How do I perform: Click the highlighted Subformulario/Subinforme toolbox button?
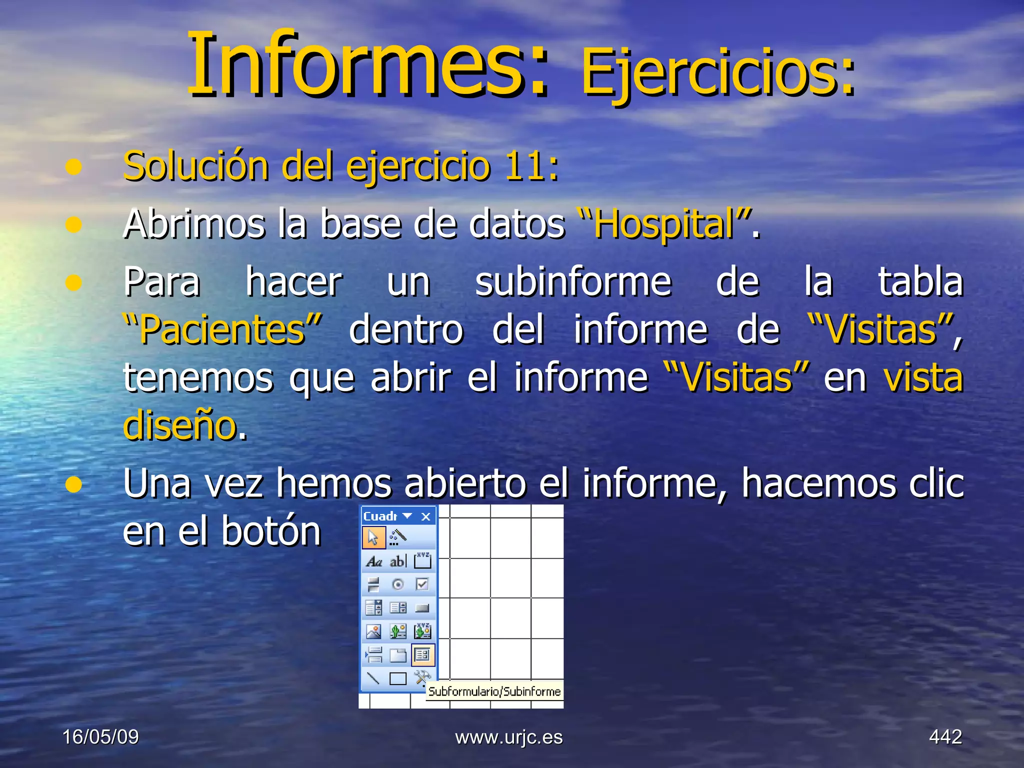[x=422, y=655]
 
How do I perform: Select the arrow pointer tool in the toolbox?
[x=373, y=537]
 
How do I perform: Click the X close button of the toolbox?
[x=425, y=516]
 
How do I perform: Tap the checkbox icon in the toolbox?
[x=422, y=584]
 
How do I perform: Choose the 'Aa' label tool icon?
[x=373, y=561]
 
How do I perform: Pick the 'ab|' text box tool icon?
[x=398, y=561]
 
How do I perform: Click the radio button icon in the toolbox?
[x=398, y=584]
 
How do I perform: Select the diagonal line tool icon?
[x=373, y=678]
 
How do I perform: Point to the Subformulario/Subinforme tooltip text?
[x=494, y=691]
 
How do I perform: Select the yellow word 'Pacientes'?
[x=222, y=330]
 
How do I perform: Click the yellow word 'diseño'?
[x=179, y=425]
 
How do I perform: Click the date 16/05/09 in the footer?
[x=100, y=737]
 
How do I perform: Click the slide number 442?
[x=945, y=737]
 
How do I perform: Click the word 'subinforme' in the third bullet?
[x=573, y=282]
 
